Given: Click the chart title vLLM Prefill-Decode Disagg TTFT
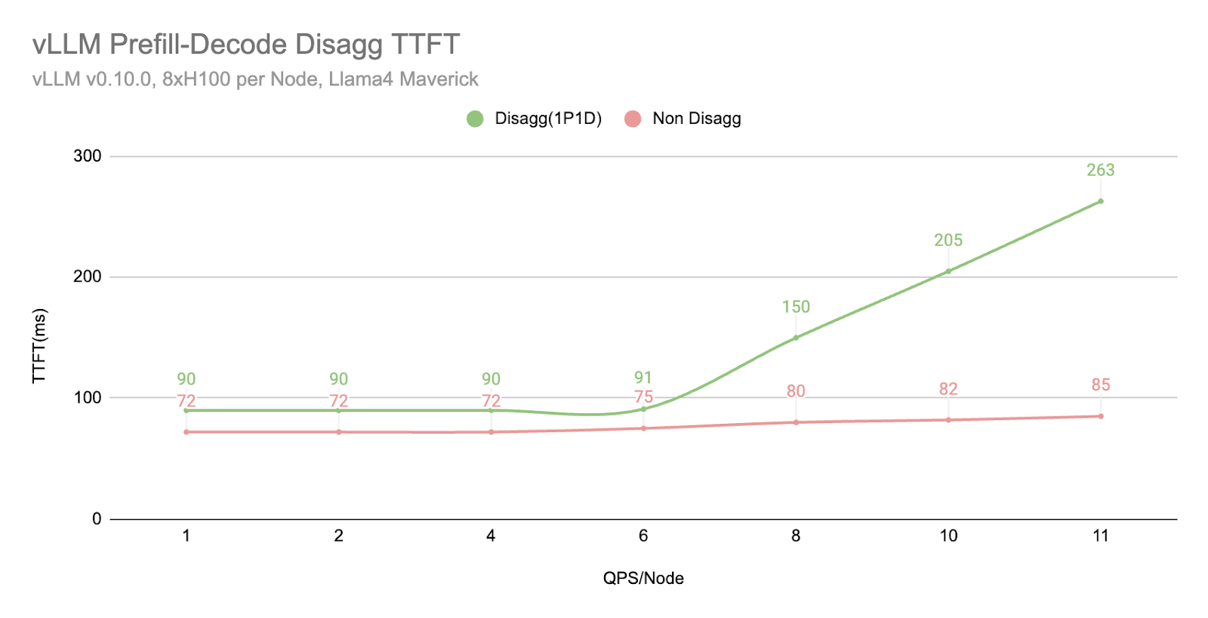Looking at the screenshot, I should tap(245, 45).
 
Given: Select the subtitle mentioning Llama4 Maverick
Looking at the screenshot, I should tap(255, 79).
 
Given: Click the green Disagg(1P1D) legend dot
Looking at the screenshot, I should tap(475, 119).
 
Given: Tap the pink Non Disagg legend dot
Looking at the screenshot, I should tap(633, 119).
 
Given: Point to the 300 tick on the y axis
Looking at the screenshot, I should tap(88, 156).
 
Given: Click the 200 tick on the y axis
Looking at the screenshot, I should tap(88, 277).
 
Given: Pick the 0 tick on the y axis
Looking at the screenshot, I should tap(97, 519).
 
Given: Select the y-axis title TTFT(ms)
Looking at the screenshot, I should tap(39, 346).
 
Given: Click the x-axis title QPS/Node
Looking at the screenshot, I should tap(643, 579).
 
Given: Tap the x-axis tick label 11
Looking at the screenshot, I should tap(1101, 536).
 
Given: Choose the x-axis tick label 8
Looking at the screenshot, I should tap(796, 536).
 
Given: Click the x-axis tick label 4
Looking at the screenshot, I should tap(491, 536).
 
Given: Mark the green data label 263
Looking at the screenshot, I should tap(1101, 170).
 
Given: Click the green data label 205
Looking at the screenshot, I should tap(948, 240).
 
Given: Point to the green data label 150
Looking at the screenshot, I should tap(796, 307).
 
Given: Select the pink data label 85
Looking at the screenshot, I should tap(1101, 385).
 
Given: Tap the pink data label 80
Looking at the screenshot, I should tap(796, 391).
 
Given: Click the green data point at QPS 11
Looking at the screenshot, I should tap(1101, 201).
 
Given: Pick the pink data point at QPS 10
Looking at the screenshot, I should tap(948, 420).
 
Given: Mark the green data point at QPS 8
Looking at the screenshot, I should tap(796, 338).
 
